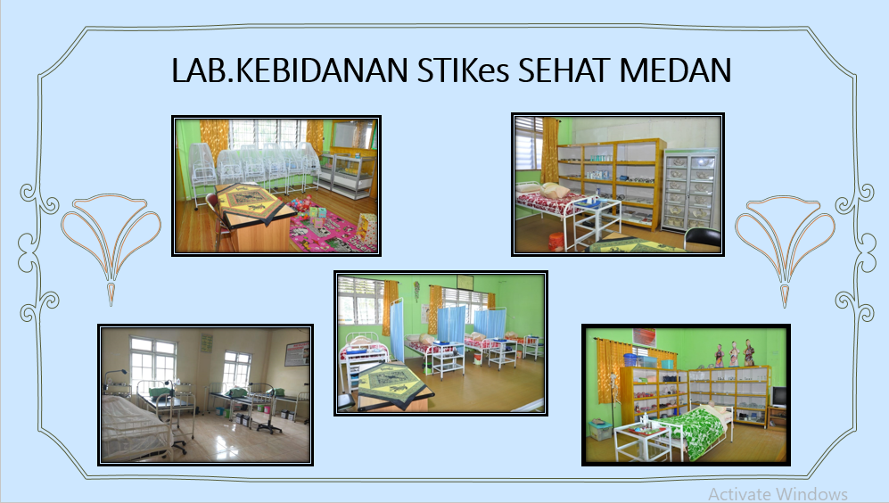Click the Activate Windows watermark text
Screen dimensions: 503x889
tap(778, 493)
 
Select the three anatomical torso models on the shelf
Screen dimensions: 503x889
tap(733, 353)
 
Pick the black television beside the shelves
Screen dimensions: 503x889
tap(778, 395)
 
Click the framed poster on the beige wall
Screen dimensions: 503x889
tap(297, 353)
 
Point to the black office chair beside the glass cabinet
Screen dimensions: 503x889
tap(704, 238)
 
